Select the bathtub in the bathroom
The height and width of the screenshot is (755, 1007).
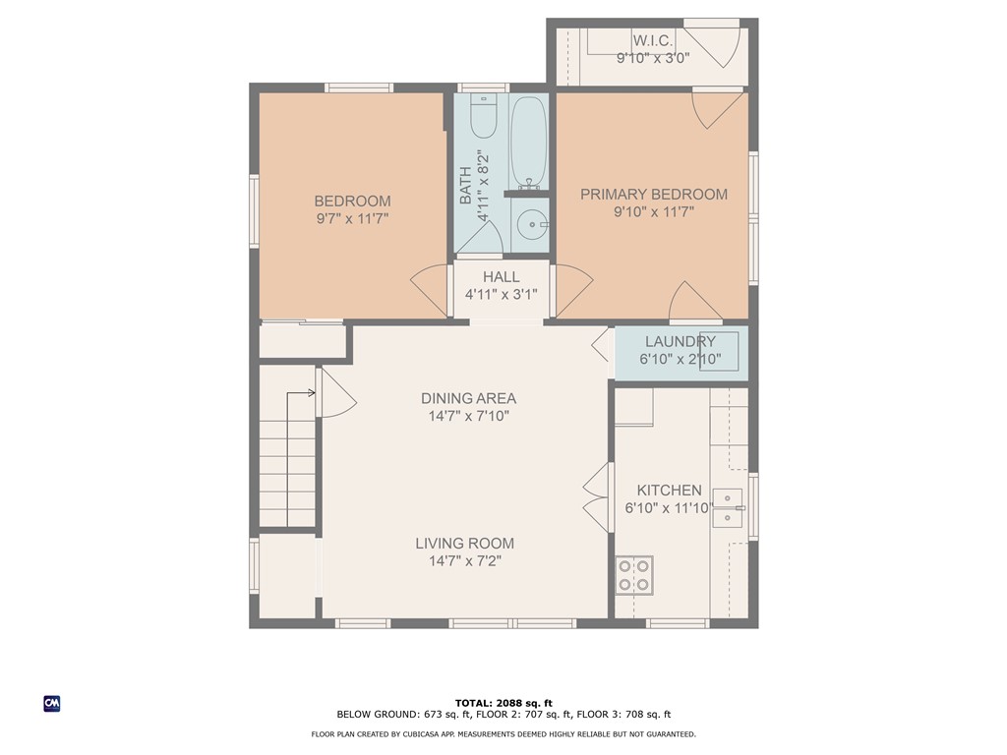tap(528, 143)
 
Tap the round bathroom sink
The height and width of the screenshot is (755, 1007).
tap(533, 224)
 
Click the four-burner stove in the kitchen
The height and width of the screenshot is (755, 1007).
tap(634, 574)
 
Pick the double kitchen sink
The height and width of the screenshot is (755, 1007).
tap(728, 508)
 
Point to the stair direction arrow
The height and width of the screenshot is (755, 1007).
tap(301, 393)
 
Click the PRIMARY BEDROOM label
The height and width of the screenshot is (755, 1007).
tap(654, 195)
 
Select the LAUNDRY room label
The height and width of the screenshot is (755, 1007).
tap(681, 341)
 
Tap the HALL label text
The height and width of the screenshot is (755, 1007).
tap(501, 277)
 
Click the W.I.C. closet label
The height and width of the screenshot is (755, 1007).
tap(653, 40)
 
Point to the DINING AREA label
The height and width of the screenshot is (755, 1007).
tap(468, 399)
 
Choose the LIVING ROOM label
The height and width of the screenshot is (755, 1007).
tap(464, 544)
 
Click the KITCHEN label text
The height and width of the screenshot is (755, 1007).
tap(669, 491)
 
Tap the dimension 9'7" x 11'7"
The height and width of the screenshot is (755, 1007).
tap(352, 219)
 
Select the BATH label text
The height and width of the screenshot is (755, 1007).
tap(465, 186)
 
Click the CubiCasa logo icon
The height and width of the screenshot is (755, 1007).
tap(52, 704)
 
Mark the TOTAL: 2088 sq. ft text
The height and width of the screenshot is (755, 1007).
tap(503, 704)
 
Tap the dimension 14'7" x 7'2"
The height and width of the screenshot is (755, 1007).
tap(465, 561)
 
